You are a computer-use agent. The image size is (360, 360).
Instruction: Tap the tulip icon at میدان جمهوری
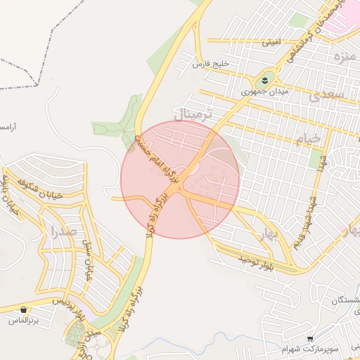[x=265, y=79]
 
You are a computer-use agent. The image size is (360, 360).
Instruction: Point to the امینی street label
[x=271, y=42]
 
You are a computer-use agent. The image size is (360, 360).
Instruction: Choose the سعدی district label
[x=330, y=94]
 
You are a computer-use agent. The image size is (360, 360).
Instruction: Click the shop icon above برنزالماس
[x=25, y=309]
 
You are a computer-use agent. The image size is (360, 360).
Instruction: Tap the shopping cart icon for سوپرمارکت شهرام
[x=310, y=338]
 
